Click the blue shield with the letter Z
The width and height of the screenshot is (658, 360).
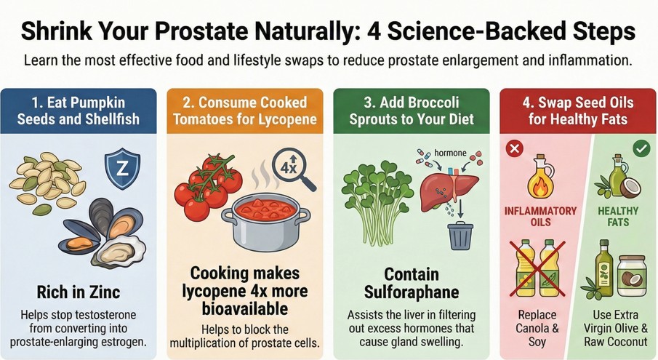click(123, 169)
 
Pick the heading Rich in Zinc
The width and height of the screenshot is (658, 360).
click(79, 292)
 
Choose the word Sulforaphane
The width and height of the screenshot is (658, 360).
click(412, 292)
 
